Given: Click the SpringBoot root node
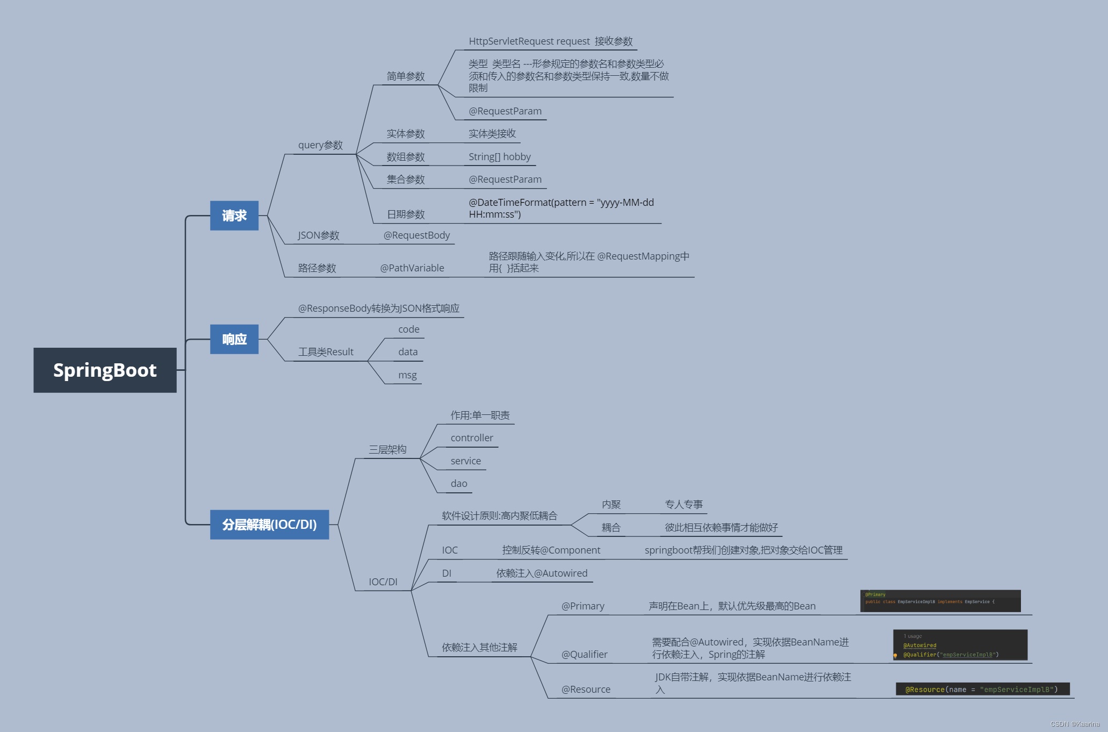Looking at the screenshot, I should (105, 370).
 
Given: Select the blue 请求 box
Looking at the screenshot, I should (234, 216).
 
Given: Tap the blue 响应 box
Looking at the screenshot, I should (234, 339).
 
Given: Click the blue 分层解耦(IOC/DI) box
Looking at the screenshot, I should (269, 525).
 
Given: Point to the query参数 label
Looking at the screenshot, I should (320, 145).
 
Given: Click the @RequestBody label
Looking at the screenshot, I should (416, 235).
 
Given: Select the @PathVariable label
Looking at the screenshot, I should (412, 268).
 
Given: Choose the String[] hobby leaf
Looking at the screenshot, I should (499, 157).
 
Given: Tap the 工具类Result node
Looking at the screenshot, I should (326, 352).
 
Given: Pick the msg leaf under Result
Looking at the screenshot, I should (407, 375).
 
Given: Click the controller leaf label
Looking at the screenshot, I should (472, 438).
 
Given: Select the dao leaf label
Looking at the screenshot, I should (459, 484).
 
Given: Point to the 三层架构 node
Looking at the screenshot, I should (387, 449).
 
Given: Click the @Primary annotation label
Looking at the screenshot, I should (582, 606).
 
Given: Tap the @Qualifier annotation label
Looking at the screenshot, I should (584, 655).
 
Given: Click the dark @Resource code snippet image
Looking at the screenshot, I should (982, 689).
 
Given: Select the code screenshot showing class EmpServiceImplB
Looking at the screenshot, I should (940, 601).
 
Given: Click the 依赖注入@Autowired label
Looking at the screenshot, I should (542, 573).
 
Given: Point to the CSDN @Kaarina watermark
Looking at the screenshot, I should (1075, 724).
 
